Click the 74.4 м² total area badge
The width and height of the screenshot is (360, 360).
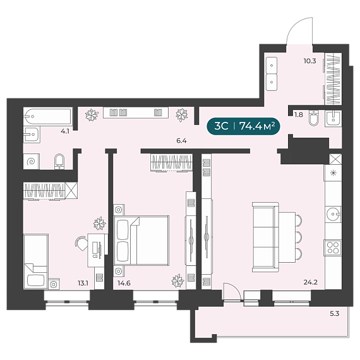pos(243,126)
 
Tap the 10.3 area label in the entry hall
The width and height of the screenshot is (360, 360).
pos(309,61)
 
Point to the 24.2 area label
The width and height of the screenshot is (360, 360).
pos(310,282)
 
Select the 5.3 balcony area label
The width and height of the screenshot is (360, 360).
pos(335,313)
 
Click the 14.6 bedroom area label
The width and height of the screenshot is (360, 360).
pos(124,283)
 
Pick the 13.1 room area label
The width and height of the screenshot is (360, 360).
pos(83,283)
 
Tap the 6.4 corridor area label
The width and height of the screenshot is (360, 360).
pos(181,141)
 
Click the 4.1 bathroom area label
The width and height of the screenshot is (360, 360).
pos(65,131)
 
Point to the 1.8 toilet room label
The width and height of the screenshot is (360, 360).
pos(299,114)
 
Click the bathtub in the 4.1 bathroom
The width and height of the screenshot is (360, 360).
pos(48,117)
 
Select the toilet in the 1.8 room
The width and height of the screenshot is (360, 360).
pos(314,118)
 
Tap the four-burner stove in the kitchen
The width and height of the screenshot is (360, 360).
pos(333,248)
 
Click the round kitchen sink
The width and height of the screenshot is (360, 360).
pos(333,214)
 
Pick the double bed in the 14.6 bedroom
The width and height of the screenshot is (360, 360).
pos(141,241)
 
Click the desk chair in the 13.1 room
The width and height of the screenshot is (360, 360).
pos(81,243)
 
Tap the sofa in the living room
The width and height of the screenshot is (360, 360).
pos(265,237)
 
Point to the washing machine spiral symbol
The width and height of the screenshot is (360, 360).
pos(31,162)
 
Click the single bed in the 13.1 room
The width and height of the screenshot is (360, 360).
pos(36,261)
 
